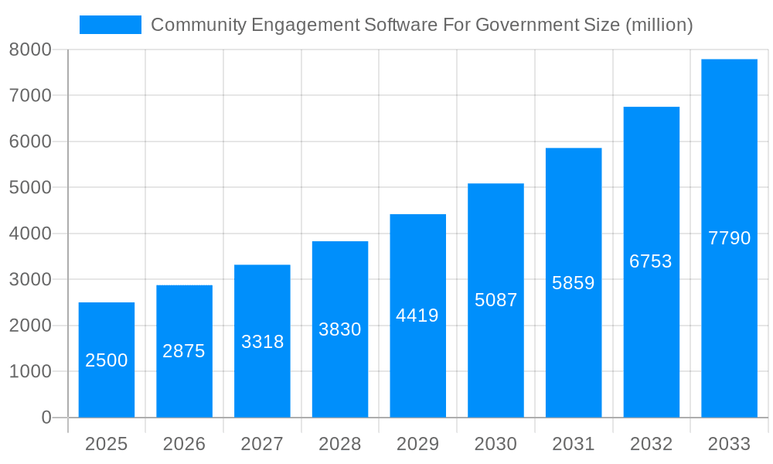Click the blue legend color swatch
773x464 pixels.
(x=111, y=25)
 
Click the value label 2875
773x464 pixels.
(x=184, y=351)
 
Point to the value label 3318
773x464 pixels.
(x=262, y=342)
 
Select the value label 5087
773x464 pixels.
(x=495, y=300)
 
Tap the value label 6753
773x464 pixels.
(x=651, y=261)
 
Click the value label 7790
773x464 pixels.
(x=729, y=238)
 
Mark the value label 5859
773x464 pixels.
(x=574, y=283)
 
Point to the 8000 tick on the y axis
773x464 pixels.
(x=30, y=49)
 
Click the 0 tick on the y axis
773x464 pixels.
(x=46, y=418)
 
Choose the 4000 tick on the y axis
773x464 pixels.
(x=30, y=234)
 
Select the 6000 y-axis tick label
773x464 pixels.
(x=30, y=142)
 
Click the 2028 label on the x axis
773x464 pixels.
(x=340, y=444)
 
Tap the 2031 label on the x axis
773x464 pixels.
(x=574, y=444)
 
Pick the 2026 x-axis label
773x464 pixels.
(x=184, y=444)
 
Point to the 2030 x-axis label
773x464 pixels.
(x=495, y=444)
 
